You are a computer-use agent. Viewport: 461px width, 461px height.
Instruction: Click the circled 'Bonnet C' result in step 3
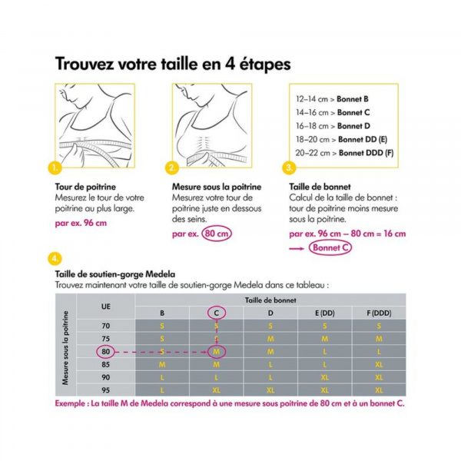[333, 247]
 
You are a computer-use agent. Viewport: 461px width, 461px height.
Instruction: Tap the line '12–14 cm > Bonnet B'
[332, 100]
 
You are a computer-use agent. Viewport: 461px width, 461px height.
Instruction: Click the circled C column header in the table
[216, 313]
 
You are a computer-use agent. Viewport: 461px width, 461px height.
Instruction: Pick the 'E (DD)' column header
[325, 313]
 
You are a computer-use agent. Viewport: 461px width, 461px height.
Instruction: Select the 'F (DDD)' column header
[379, 313]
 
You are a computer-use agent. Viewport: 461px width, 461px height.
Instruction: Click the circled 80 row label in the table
[105, 351]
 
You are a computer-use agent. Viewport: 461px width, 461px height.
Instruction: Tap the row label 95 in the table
[105, 390]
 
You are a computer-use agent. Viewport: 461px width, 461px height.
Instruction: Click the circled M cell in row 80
[216, 351]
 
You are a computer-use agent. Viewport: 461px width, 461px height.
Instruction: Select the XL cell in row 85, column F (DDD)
[379, 364]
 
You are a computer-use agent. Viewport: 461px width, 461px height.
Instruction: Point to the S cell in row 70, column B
[162, 326]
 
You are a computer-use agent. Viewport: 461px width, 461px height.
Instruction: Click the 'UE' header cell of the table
[105, 306]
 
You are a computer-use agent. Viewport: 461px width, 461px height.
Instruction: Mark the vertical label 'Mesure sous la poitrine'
[67, 350]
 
